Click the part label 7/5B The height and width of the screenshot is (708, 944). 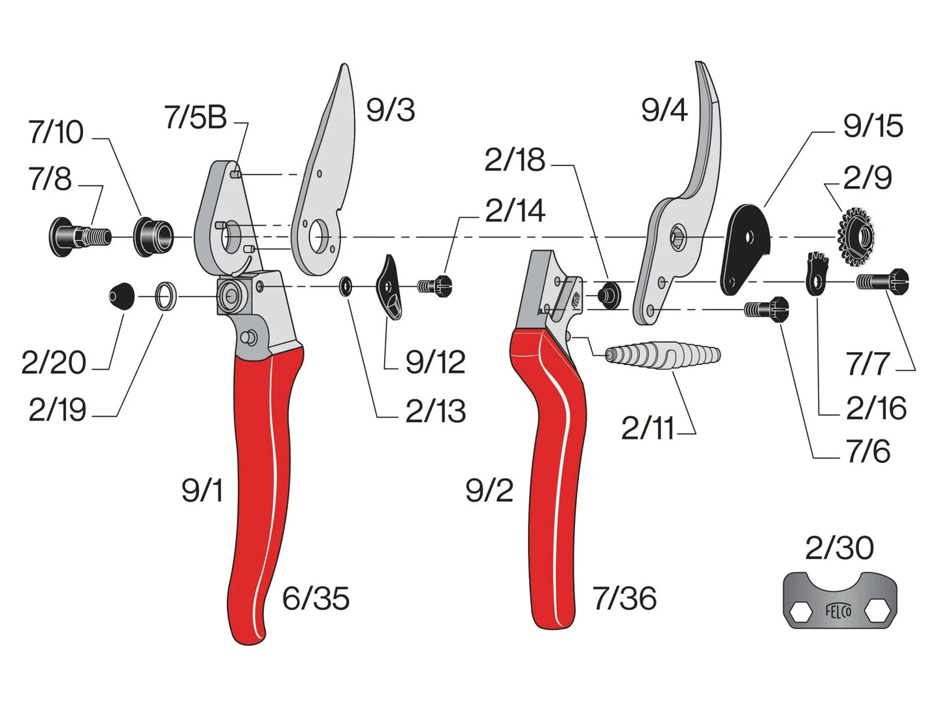[x=196, y=117]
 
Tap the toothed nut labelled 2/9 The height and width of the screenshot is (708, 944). [x=856, y=237]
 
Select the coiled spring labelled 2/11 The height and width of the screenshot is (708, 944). [x=662, y=355]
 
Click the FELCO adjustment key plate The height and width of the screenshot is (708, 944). [x=839, y=600]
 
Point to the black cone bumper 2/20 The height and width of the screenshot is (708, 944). [x=122, y=296]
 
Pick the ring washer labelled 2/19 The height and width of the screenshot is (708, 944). [x=166, y=296]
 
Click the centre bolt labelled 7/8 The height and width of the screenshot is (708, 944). [x=80, y=237]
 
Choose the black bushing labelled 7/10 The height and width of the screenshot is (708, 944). [x=154, y=237]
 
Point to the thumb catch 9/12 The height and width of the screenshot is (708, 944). [x=389, y=287]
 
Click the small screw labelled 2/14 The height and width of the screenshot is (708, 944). [x=435, y=286]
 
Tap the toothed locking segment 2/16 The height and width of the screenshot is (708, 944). [x=817, y=274]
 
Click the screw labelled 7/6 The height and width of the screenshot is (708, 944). [x=767, y=309]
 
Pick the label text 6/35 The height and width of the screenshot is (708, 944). [x=316, y=598]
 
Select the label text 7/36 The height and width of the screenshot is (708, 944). [x=625, y=598]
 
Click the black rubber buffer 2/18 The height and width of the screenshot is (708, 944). [x=610, y=295]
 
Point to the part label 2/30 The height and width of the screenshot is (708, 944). [x=839, y=548]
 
